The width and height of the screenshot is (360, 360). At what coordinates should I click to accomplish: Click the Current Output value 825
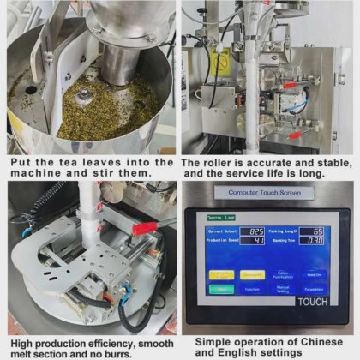click(x=256, y=232)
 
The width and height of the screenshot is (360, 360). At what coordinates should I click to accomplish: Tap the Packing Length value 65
click(x=316, y=232)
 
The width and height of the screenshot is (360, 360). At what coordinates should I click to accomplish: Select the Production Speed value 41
click(x=256, y=242)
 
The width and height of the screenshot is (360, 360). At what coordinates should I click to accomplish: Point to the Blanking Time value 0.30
click(x=316, y=242)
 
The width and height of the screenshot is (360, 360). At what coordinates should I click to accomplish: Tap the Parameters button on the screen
click(x=315, y=290)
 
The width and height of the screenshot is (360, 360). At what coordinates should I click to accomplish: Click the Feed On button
click(x=315, y=274)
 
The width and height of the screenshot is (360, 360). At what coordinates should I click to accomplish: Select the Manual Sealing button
click(x=284, y=290)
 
